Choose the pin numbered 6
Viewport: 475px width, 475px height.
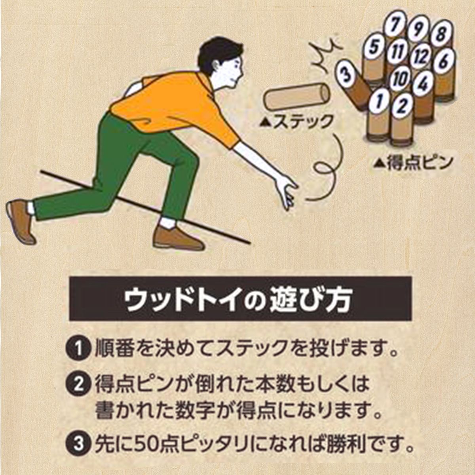point(444,61)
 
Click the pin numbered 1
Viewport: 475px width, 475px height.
point(379,101)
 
